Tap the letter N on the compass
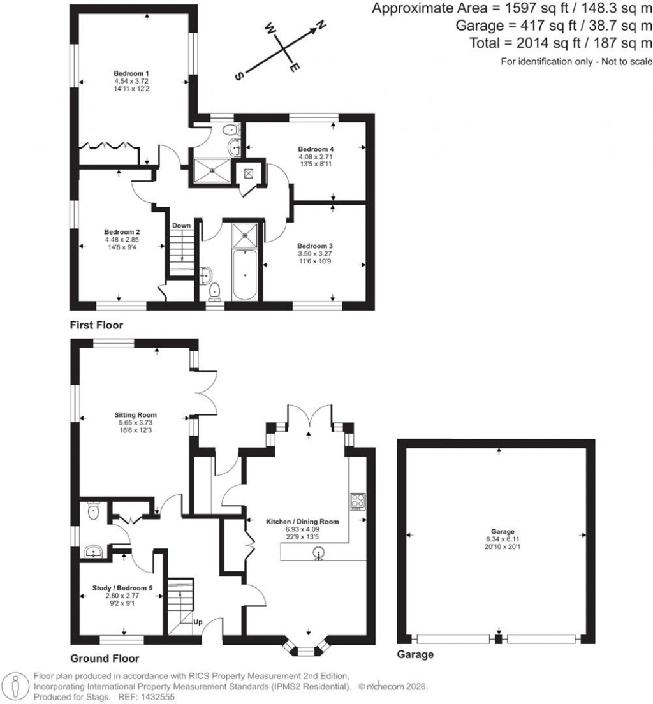tap(321, 25)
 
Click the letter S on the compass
tap(239, 75)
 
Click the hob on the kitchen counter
tap(357, 501)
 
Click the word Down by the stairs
tap(181, 226)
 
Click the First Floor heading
tap(96, 325)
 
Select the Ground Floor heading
tap(104, 658)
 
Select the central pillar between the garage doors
tap(499, 638)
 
